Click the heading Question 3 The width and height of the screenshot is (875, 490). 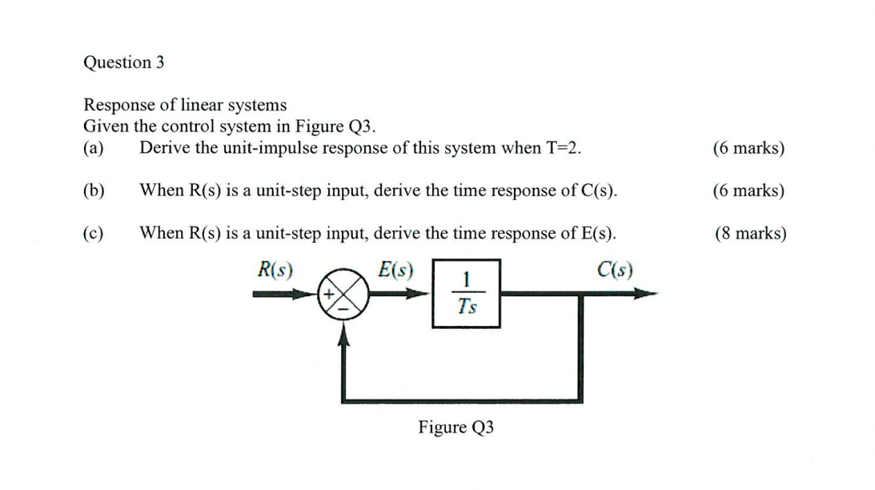coord(124,62)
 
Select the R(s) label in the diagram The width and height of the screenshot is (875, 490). coord(275,270)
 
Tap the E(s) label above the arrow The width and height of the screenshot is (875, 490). coord(395,270)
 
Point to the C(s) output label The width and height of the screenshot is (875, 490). coord(615,270)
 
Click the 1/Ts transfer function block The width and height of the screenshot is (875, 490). coord(466,293)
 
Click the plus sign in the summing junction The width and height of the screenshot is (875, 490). coord(327,294)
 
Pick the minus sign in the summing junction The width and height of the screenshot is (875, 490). coord(344,308)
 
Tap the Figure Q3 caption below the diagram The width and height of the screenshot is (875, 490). coord(456,428)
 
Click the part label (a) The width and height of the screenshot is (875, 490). coord(94,148)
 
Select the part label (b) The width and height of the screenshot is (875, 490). coord(94,191)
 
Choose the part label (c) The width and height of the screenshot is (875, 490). coord(94,233)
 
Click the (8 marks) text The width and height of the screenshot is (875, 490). coord(750,233)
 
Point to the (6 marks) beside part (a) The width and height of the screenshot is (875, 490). coord(748,148)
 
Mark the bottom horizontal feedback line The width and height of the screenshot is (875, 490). coord(464,398)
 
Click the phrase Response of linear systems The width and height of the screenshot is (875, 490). coord(185,105)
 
